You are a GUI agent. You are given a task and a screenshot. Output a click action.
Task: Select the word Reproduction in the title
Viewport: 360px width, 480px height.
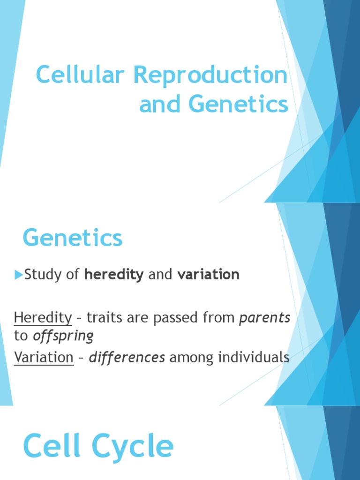point(210,75)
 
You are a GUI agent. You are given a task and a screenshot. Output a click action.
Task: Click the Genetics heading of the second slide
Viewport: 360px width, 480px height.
point(73,238)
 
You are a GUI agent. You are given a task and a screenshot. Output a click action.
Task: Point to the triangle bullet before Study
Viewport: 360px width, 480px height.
point(18,275)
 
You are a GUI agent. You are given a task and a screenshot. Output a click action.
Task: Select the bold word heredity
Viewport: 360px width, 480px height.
point(114,275)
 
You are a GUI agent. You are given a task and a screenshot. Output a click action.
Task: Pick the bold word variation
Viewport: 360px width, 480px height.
point(209,275)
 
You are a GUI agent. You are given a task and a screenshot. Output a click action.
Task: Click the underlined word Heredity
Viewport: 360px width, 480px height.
point(43,318)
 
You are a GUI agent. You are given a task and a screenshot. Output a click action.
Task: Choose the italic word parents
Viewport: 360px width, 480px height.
point(265,318)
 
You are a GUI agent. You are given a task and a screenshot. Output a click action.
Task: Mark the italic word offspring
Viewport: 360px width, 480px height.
point(63,336)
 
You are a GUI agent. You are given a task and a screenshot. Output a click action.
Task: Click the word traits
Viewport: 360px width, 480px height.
point(103,318)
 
